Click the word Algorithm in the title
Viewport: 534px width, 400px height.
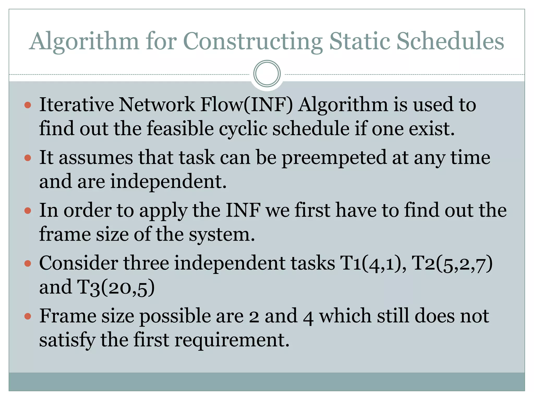[x=84, y=42]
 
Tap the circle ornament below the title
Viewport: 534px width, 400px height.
[x=267, y=74]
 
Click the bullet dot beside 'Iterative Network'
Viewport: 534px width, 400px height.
[x=28, y=105]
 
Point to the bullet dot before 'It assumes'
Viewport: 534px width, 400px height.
[x=28, y=158]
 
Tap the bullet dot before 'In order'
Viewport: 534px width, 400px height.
[x=28, y=210]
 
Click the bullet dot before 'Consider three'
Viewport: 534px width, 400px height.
[x=28, y=264]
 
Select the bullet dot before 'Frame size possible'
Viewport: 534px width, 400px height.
[x=28, y=316]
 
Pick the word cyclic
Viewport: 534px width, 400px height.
[x=243, y=129]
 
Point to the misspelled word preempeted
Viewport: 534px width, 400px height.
[x=334, y=158]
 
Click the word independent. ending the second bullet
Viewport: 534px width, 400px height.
[x=168, y=182]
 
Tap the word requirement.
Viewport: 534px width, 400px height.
[x=232, y=340]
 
